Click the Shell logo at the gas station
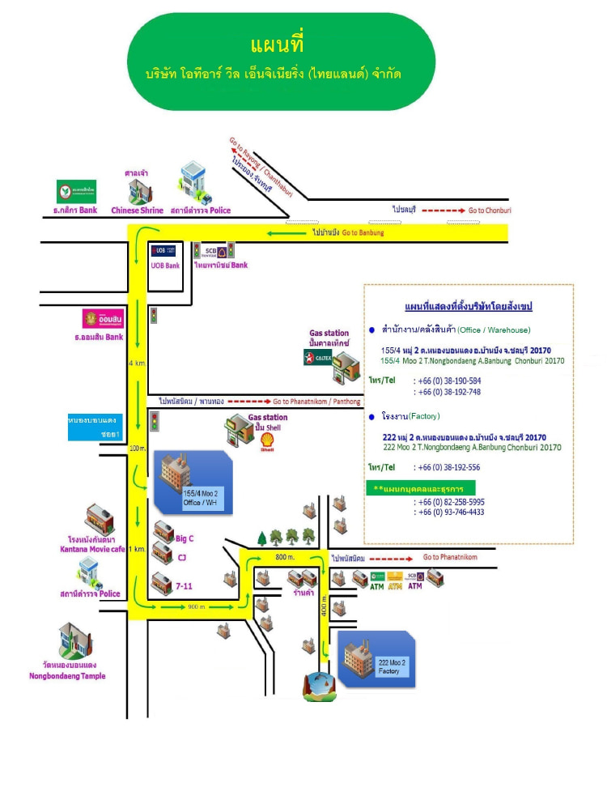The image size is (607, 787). tap(267, 441)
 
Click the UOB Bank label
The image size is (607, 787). tap(165, 265)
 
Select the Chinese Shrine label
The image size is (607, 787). tap(137, 211)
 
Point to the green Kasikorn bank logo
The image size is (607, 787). tap(76, 192)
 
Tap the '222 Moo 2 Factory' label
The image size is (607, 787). tap(393, 666)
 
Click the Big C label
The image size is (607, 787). tap(185, 538)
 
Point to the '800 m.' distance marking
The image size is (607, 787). tap(283, 557)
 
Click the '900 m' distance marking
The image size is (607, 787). tap(197, 606)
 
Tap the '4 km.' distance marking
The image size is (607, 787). tap(136, 363)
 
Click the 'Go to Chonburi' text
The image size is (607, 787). tap(490, 211)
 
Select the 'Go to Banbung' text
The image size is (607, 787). tap(363, 232)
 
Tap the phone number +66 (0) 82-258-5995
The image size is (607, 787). tap(448, 502)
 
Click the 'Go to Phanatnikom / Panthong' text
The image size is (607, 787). tap(316, 401)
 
